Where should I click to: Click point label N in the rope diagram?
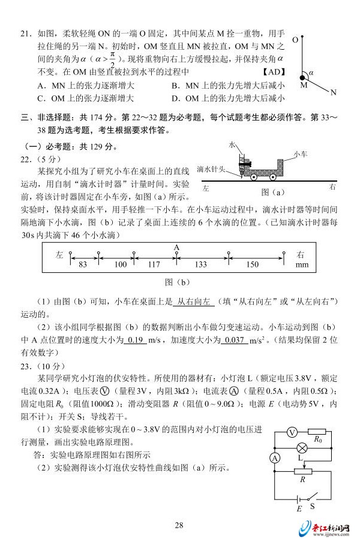point(334,93)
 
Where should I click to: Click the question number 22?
point(27,159)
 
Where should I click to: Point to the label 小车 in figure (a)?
point(301,154)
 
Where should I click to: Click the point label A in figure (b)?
point(176,246)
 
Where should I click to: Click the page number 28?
point(179,526)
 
